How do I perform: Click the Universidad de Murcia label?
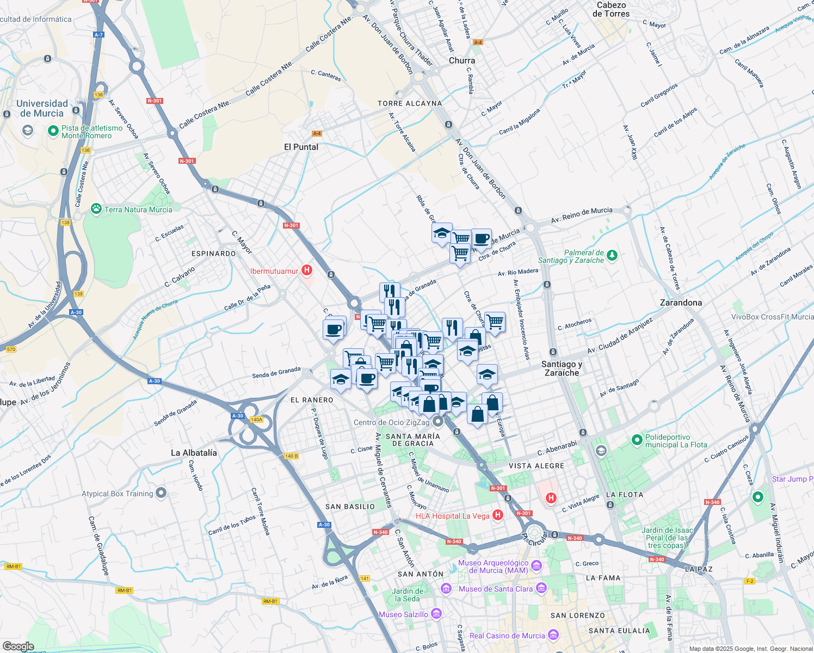42,108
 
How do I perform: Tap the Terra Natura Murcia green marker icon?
96,209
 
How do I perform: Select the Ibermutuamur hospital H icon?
307,270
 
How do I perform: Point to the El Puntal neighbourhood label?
301,147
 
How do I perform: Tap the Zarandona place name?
681,303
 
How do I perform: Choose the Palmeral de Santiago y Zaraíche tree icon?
612,255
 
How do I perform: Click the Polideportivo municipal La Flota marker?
637,440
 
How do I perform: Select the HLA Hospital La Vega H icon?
497,515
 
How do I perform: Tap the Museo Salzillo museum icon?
436,614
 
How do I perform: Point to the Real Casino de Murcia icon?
553,635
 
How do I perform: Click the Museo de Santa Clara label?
495,589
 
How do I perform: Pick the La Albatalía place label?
194,453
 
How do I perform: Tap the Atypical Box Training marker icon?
161,493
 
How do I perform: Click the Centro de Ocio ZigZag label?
391,422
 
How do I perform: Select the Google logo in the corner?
18,646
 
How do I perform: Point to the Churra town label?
462,60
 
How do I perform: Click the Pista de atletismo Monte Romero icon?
53,131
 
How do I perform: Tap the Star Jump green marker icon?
757,497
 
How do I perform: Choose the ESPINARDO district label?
214,254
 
